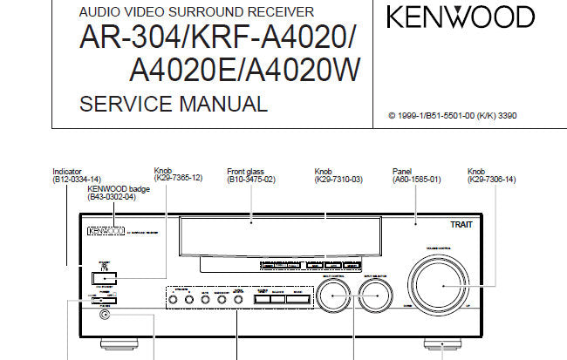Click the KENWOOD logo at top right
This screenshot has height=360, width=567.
[461, 18]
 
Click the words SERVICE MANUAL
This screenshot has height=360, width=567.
[173, 105]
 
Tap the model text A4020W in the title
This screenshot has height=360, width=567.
[302, 71]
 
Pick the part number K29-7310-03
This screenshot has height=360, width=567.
[338, 180]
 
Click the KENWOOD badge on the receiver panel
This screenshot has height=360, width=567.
[103, 232]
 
